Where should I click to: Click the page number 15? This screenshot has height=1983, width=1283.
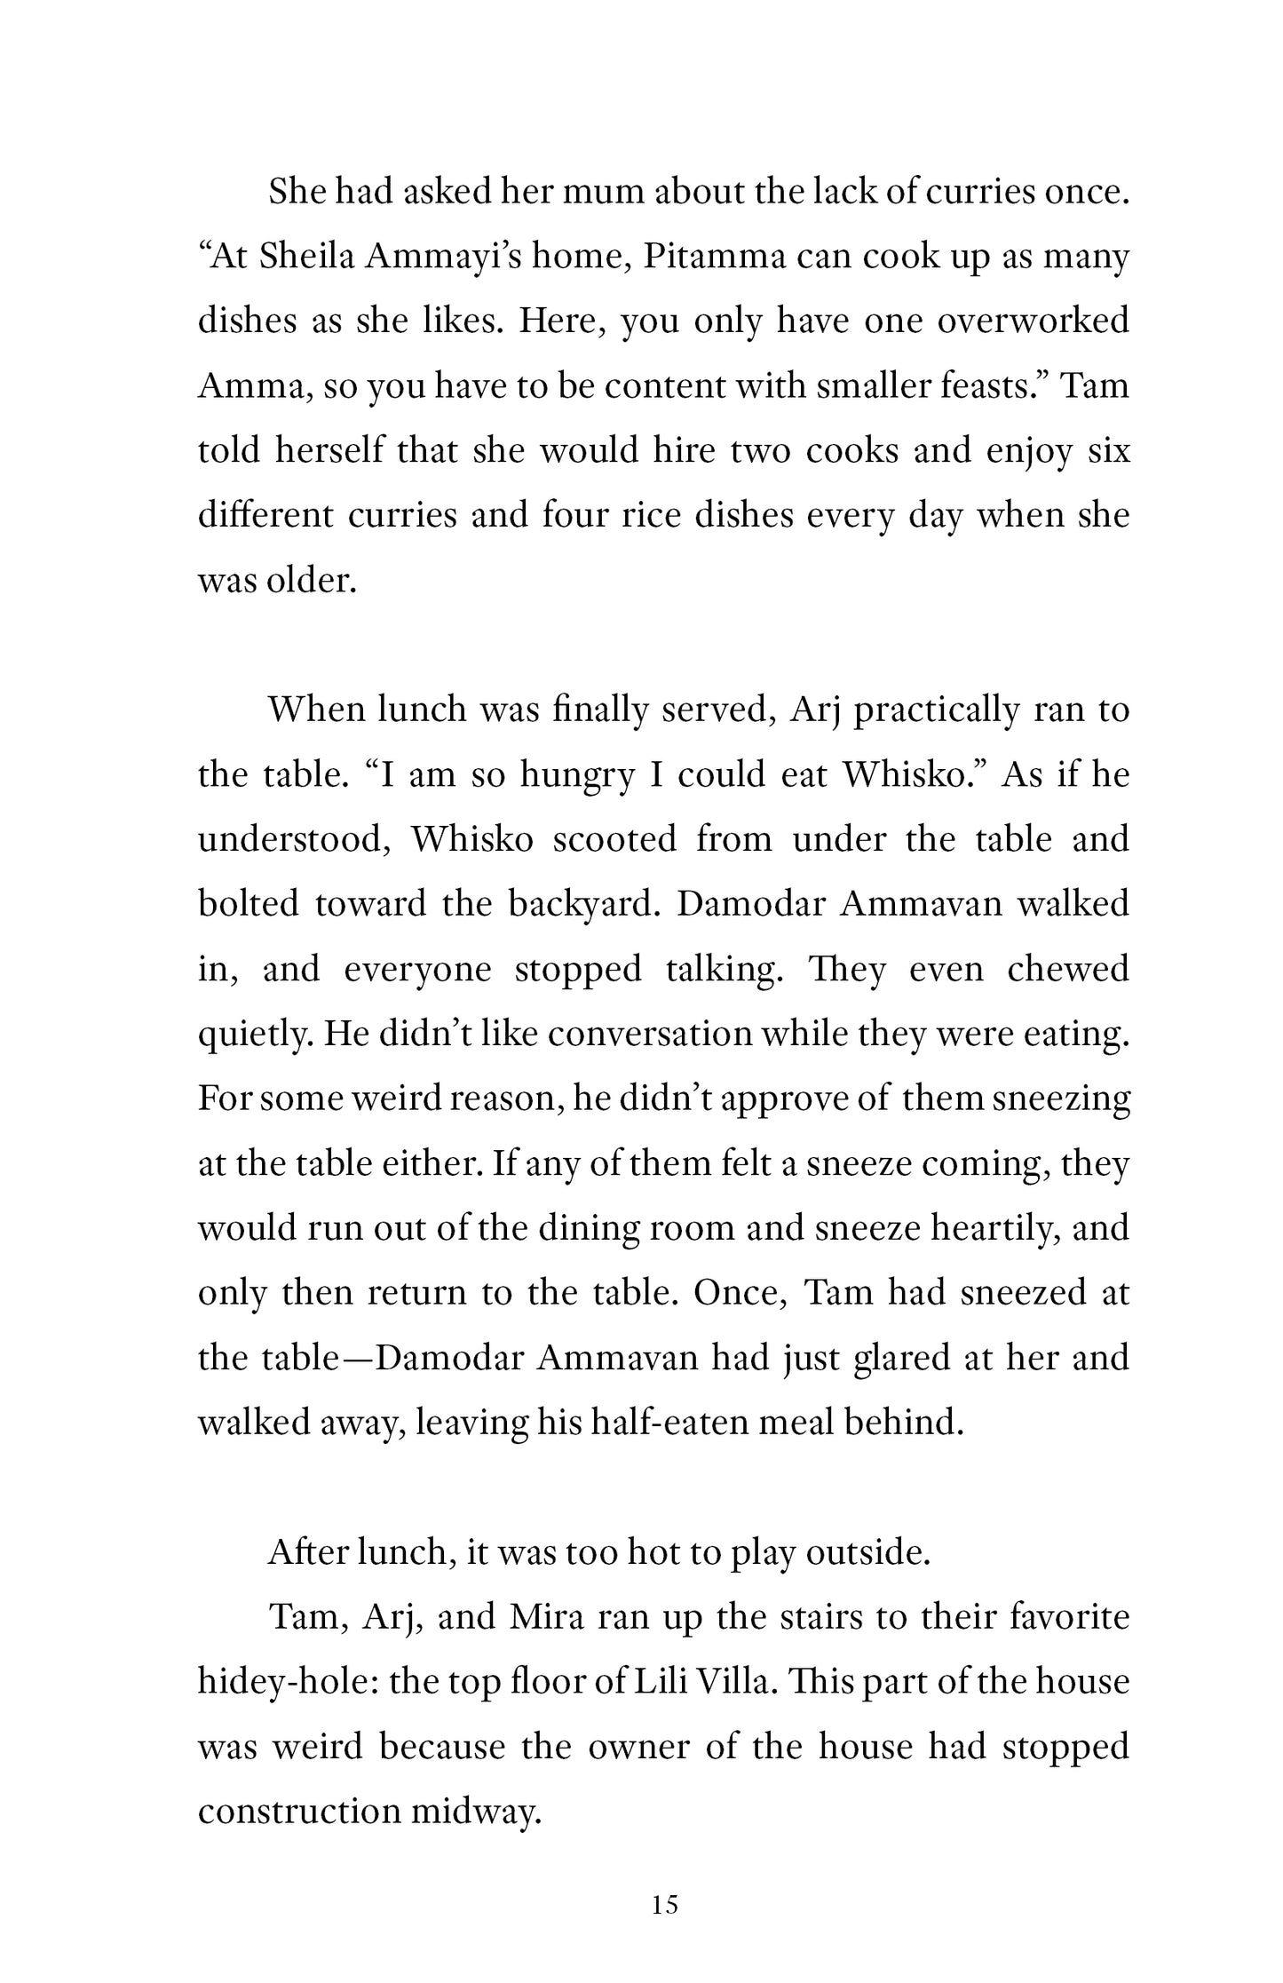[664, 1904]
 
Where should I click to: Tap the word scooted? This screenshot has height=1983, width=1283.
[614, 839]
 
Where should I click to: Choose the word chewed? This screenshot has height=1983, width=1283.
[1068, 969]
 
